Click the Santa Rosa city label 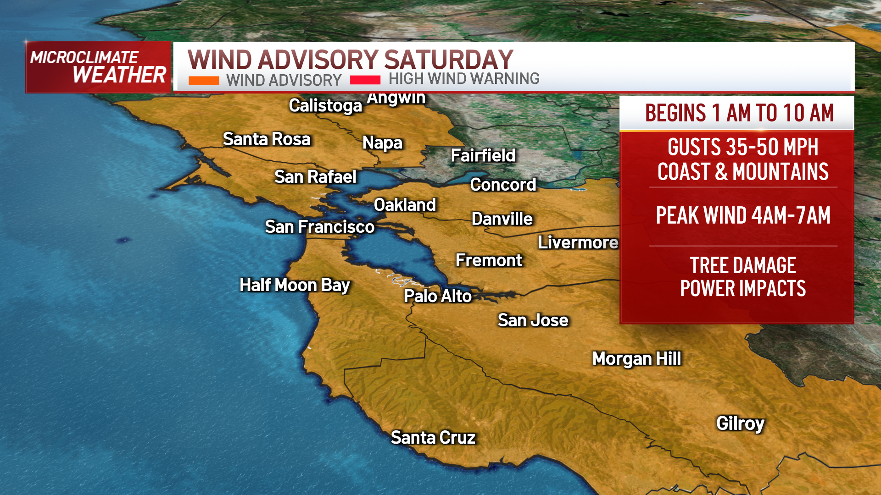pos(267,139)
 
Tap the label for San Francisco pos(320,227)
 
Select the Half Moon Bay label pos(295,285)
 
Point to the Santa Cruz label pos(433,438)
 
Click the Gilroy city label pos(740,423)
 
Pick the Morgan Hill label pos(636,358)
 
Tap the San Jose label pos(533,320)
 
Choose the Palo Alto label pos(438,296)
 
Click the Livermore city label pos(578,242)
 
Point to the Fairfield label pos(483,155)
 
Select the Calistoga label pos(325,106)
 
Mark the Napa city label pos(382,143)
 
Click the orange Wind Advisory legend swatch pos(204,81)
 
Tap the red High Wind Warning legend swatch pos(365,80)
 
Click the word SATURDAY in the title pos(448,60)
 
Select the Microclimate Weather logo pos(98,67)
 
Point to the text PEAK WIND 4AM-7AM pos(743,215)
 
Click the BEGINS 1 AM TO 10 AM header pos(739,113)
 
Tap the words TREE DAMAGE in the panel pos(743,265)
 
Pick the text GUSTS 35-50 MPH pos(743,147)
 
